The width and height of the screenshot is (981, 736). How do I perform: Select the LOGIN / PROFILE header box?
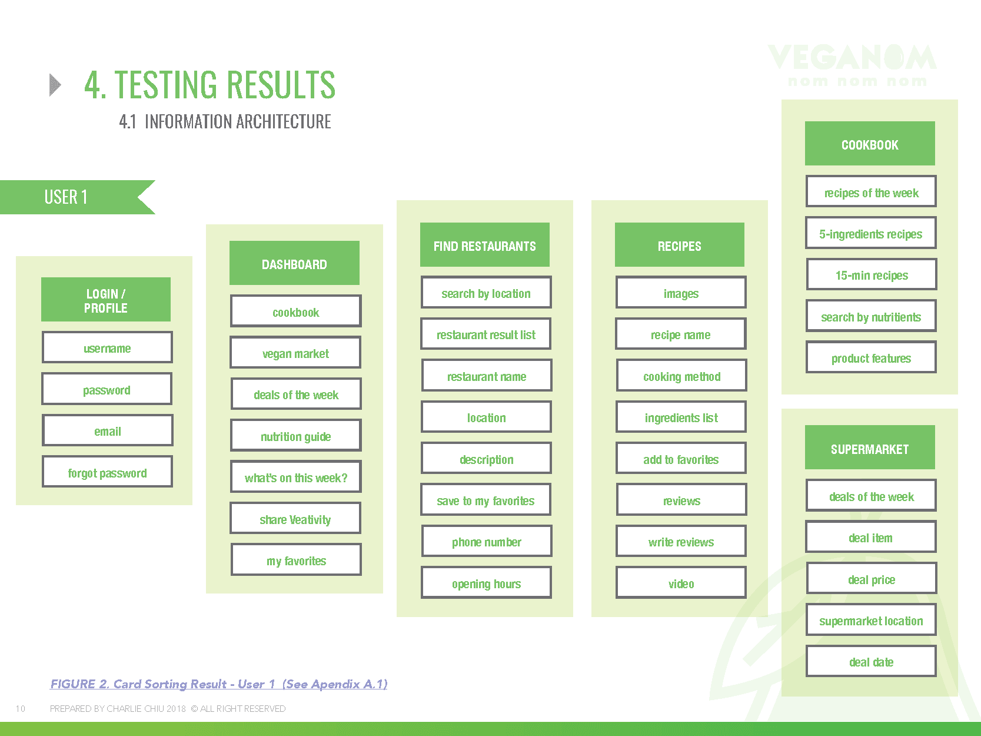[x=106, y=300]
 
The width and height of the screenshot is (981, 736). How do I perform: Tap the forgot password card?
[x=107, y=472]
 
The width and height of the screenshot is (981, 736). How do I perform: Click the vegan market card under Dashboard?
[x=295, y=352]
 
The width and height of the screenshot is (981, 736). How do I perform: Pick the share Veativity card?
[x=295, y=518]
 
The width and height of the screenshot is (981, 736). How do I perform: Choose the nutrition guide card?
[x=296, y=436]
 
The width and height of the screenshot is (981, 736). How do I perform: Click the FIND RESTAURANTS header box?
[x=485, y=244]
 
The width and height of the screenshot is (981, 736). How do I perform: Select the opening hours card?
[x=486, y=583]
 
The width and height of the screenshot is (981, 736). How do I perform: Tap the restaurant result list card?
[x=486, y=334]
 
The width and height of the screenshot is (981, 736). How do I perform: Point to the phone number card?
[x=487, y=541]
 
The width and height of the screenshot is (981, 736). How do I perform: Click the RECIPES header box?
[x=680, y=244]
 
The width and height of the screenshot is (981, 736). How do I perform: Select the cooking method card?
[x=681, y=375]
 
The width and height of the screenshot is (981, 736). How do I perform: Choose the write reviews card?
[x=681, y=541]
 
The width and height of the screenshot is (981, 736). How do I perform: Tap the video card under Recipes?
[x=681, y=583]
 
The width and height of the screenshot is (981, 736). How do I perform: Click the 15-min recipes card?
[x=872, y=274]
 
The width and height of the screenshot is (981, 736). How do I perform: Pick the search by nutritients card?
[x=871, y=316]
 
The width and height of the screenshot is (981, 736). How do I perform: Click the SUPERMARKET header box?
[x=870, y=447]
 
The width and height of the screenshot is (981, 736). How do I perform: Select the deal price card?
[x=872, y=578]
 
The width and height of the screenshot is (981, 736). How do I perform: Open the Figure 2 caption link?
[x=219, y=684]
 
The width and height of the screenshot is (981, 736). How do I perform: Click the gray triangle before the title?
[x=55, y=85]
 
